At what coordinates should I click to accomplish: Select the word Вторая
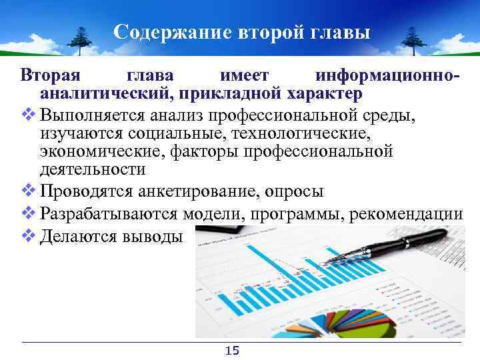pos(46,74)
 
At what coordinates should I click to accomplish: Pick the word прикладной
pos(227,92)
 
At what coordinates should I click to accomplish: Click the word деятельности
pos(92,169)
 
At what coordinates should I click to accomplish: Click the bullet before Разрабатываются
pos(28,214)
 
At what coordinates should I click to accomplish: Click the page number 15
pos(233,351)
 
